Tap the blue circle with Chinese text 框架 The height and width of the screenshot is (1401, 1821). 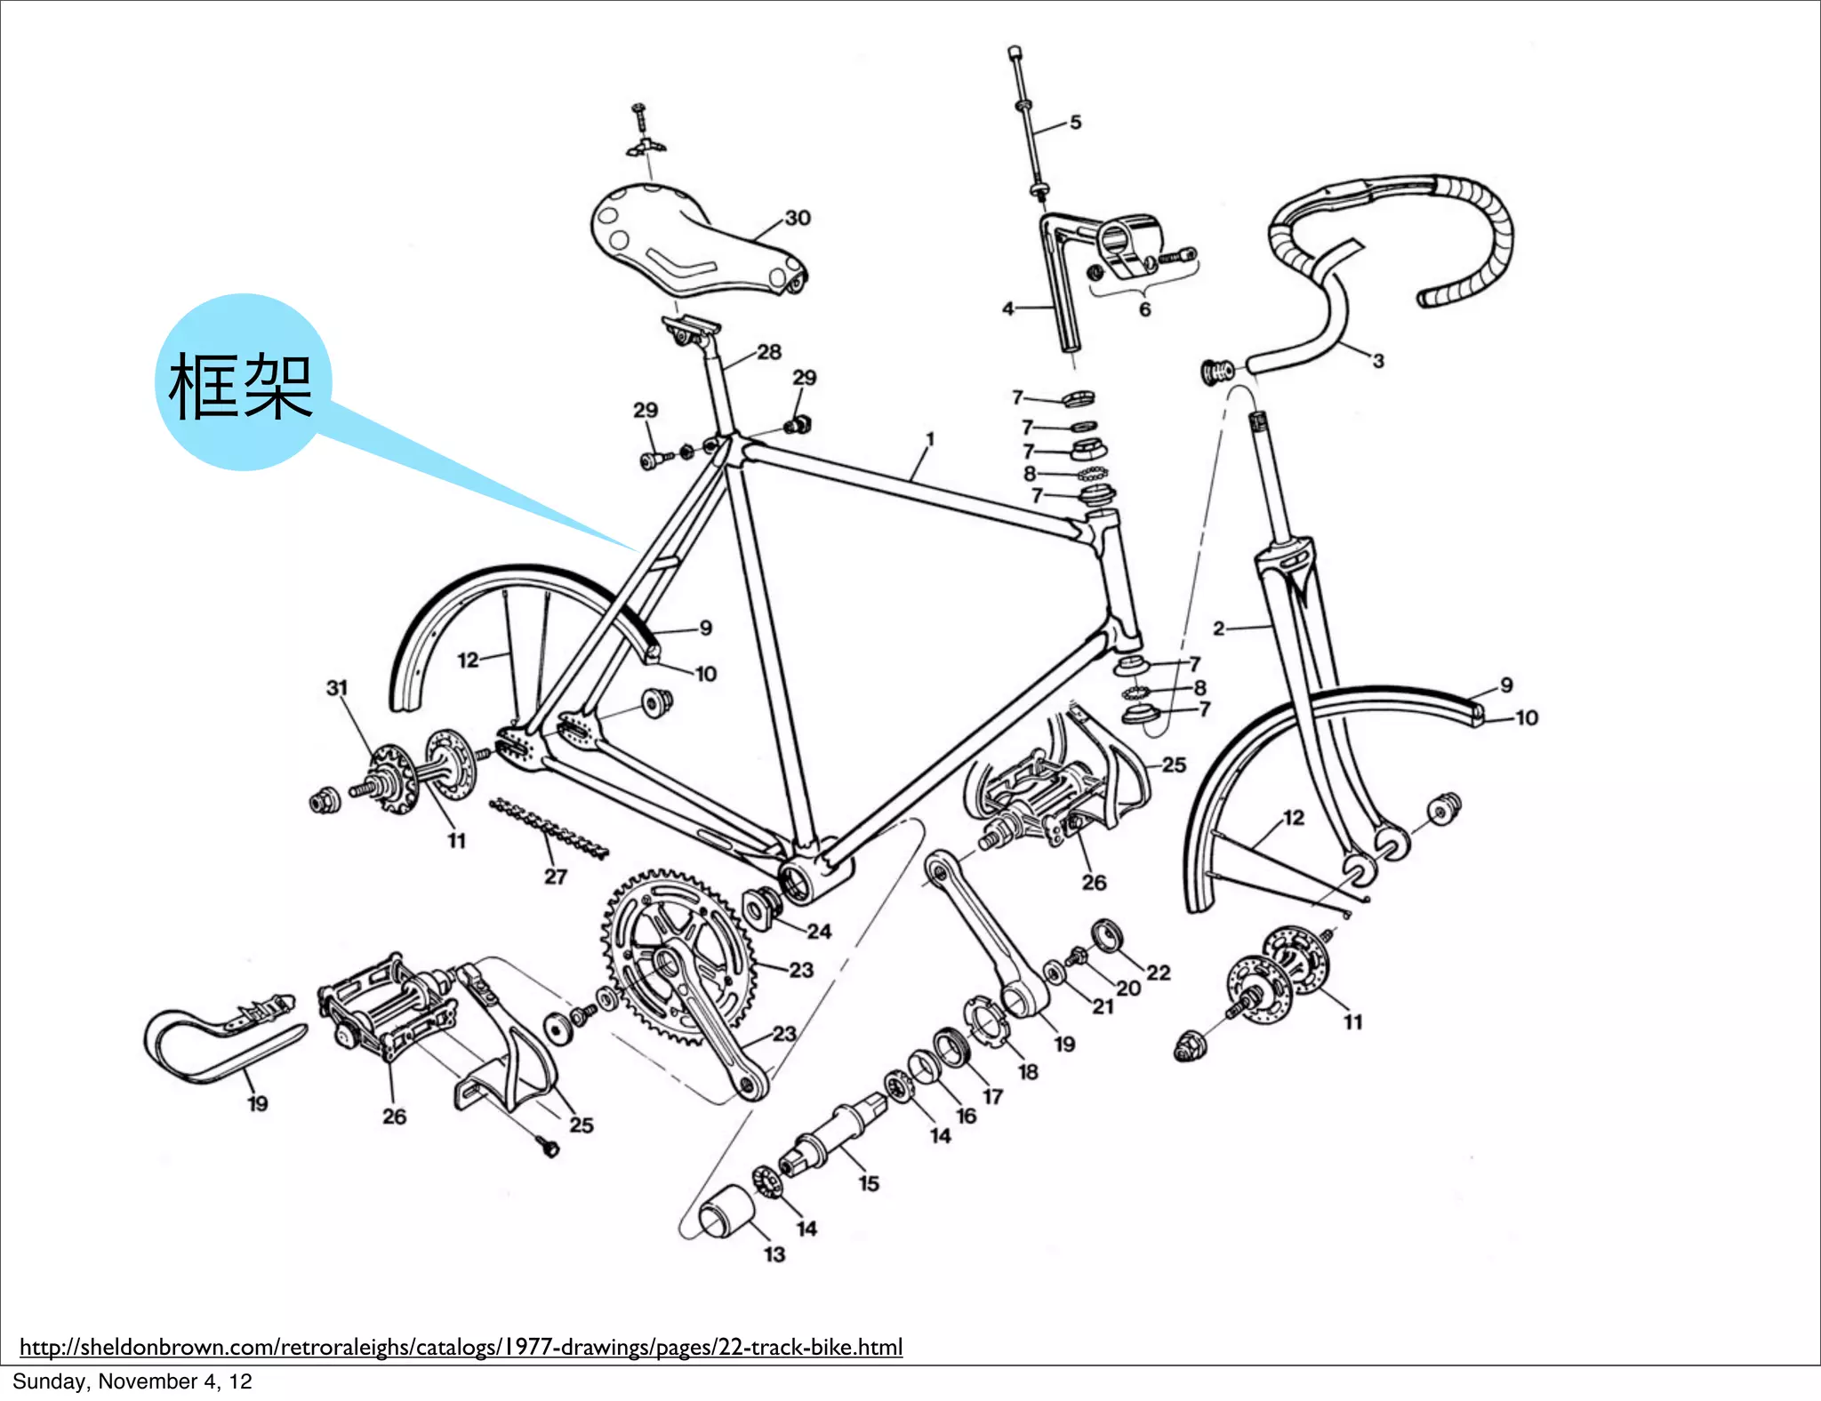(x=242, y=383)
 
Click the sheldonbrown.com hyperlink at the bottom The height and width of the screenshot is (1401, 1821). (x=461, y=1347)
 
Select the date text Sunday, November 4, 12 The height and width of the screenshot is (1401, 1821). (x=132, y=1381)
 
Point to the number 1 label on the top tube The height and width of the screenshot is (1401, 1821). (x=930, y=439)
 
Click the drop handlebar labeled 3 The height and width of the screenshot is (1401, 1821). (x=1387, y=240)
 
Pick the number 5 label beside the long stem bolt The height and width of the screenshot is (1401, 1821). (x=1075, y=123)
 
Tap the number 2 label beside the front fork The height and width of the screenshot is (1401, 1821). (x=1218, y=628)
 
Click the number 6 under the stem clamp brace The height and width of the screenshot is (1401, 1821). (x=1144, y=309)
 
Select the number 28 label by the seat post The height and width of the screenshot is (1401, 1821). (x=769, y=352)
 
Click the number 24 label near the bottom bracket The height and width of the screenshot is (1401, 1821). (x=819, y=932)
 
